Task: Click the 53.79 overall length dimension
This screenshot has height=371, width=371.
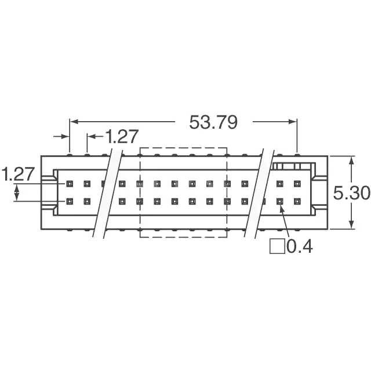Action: click(213, 122)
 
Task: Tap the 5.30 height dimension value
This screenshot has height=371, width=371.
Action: click(351, 193)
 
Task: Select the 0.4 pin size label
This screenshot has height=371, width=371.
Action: click(300, 246)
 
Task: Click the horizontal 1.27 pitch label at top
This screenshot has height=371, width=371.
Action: click(121, 137)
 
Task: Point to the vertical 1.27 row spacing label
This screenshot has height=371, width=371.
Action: click(18, 174)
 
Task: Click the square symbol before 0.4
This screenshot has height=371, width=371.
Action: click(277, 246)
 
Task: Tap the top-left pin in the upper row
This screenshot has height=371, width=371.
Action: click(70, 184)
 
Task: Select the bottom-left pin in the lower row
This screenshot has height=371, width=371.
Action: click(70, 201)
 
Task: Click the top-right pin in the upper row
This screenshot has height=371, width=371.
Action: click(297, 184)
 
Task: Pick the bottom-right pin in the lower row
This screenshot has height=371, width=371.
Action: click(297, 201)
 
